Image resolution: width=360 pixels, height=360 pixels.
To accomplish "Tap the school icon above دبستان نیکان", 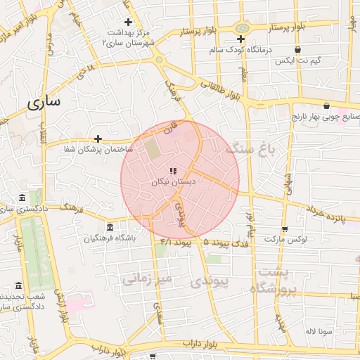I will coord(173,171).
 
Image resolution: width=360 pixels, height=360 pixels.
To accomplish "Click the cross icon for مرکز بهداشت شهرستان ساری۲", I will coord(128,22).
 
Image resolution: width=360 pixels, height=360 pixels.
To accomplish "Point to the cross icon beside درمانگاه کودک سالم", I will coord(241,39).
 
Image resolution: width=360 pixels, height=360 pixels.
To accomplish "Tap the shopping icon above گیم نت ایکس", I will coord(299,50).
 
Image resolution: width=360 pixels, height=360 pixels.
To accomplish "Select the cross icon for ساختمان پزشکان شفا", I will coord(98,139).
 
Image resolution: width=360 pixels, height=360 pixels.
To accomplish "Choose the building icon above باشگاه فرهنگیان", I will coord(109,227).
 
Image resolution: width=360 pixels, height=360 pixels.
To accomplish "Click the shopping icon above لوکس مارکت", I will coord(284,229).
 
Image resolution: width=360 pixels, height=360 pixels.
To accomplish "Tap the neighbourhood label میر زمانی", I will coord(147,279).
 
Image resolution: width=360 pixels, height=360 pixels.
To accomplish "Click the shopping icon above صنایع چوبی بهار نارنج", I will coord(326,105).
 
